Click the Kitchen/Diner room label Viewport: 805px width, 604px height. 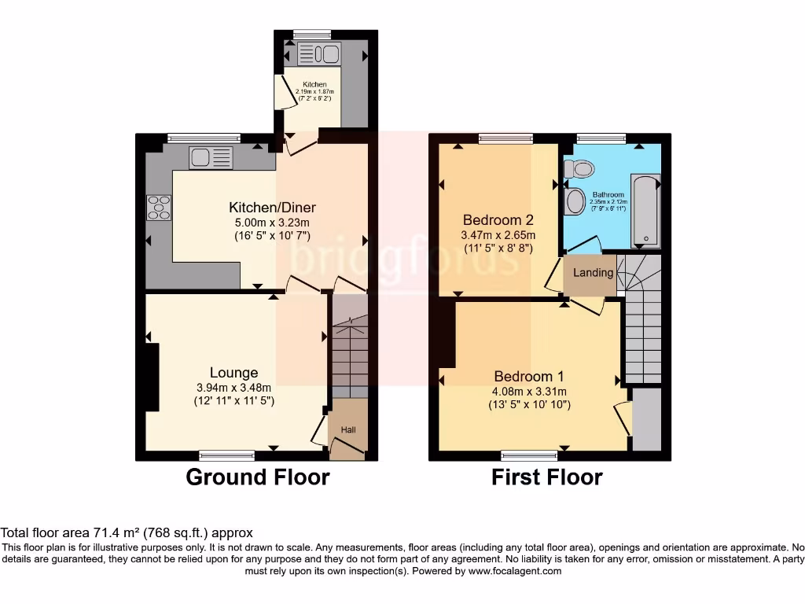[272, 208]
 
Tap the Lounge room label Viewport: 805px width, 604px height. [233, 373]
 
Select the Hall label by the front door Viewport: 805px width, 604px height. [347, 430]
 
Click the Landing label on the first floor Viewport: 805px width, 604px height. [593, 273]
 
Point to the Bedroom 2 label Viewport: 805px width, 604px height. [498, 219]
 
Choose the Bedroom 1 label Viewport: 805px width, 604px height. [528, 376]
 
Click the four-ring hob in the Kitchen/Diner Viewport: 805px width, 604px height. [158, 207]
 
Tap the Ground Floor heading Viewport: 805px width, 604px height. [257, 477]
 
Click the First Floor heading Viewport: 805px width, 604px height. [547, 477]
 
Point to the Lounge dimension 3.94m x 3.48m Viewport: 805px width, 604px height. [233, 388]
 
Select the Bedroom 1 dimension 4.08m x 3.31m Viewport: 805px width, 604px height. [528, 391]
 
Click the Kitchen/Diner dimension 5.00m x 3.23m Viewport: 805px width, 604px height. [272, 222]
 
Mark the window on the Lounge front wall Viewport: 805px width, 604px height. [226, 454]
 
